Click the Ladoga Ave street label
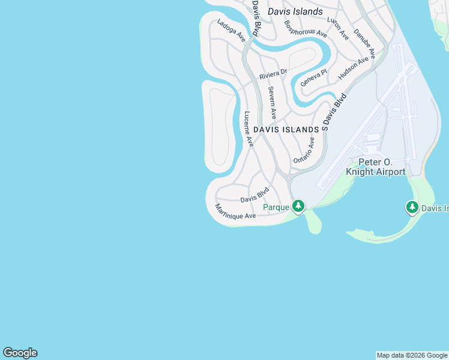click(x=232, y=32)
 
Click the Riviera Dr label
click(x=273, y=74)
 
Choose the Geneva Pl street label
click(x=313, y=77)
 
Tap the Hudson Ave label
click(x=354, y=68)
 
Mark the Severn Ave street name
click(x=272, y=102)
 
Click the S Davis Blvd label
click(x=334, y=112)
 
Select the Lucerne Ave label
click(x=248, y=129)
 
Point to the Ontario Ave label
click(x=304, y=151)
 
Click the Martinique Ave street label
click(x=235, y=211)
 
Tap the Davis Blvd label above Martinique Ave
click(x=255, y=196)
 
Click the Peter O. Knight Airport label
click(x=376, y=167)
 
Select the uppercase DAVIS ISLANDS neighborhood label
click(x=286, y=130)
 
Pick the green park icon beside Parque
click(x=298, y=207)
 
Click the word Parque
click(x=277, y=208)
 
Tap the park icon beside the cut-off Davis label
click(x=412, y=208)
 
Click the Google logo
click(x=20, y=353)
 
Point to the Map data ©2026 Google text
click(x=412, y=355)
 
